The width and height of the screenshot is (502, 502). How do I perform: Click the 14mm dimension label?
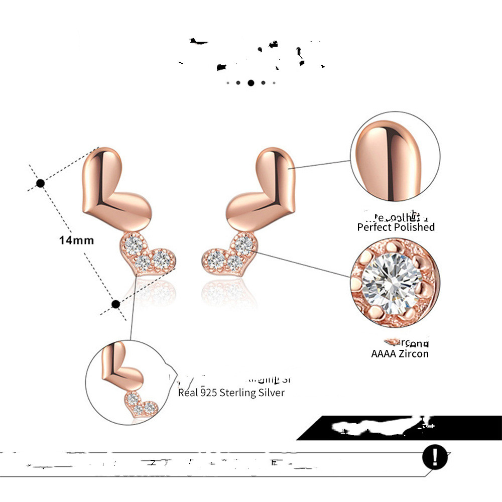tap(76, 240)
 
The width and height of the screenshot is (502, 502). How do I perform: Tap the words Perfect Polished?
tap(396, 227)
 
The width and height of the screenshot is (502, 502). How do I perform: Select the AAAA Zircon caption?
tap(400, 353)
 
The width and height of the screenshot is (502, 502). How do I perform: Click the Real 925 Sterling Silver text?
tap(231, 393)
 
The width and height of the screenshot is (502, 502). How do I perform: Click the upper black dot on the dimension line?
tap(41, 183)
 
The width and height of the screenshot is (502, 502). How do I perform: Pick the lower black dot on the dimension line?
tap(115, 304)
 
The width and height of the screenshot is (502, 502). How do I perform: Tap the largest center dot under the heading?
tap(250, 83)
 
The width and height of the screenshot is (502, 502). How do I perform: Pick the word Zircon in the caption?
tap(414, 353)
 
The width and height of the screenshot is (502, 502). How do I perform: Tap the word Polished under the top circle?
tap(414, 227)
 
